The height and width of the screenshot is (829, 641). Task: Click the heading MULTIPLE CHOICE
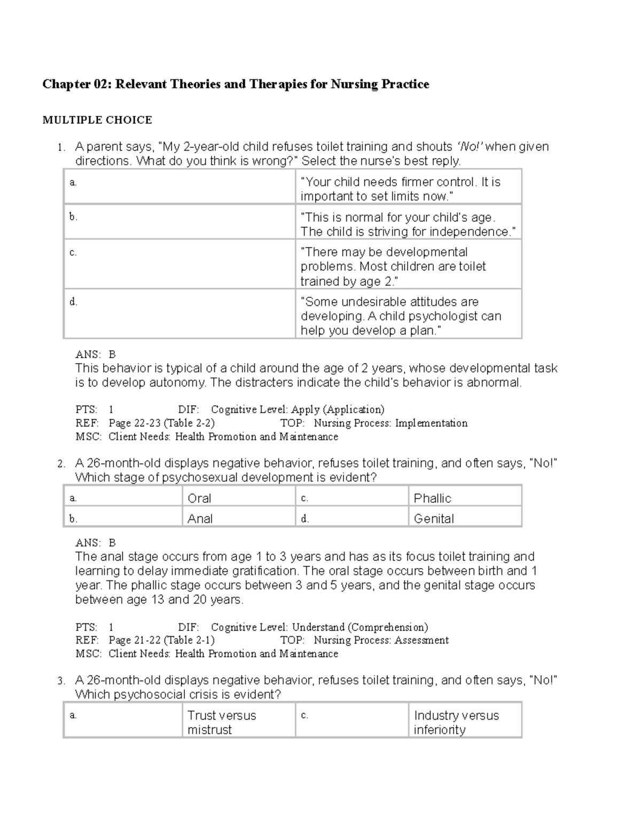pos(97,120)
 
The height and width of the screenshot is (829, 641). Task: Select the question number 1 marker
pos(61,147)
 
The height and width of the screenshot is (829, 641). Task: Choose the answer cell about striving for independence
pos(408,224)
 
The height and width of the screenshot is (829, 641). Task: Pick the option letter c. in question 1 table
pos(73,252)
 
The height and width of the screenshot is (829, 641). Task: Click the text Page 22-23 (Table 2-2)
pos(161,423)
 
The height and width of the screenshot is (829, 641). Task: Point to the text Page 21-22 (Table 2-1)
pos(161,640)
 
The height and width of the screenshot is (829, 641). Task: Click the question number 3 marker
pos(61,681)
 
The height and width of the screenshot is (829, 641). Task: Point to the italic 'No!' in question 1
pos(470,147)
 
